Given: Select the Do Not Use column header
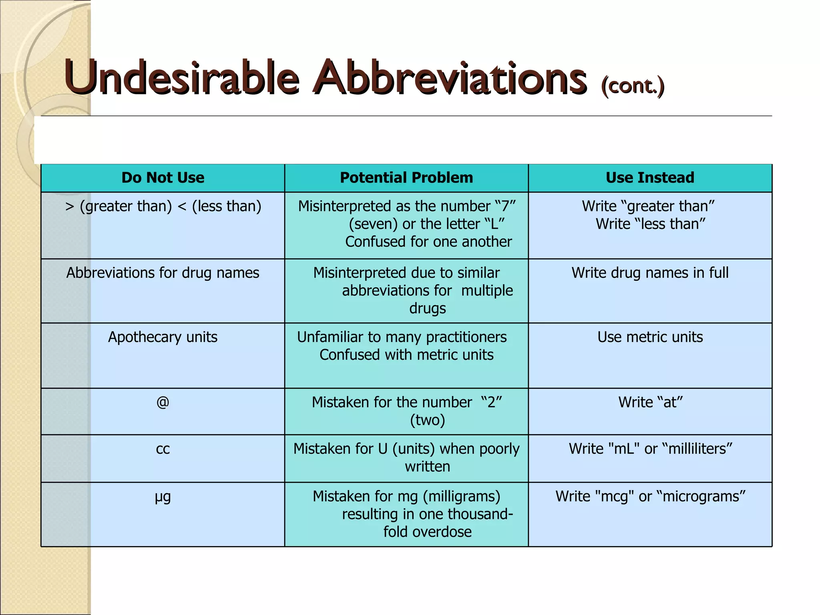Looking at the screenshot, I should tap(163, 178).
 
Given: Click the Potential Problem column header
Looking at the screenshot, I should tap(406, 178).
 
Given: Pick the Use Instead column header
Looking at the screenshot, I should tap(650, 178).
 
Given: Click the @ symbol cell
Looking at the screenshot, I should tap(163, 402).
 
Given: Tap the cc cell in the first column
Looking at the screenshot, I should tap(163, 449).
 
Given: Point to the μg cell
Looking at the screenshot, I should tap(163, 497).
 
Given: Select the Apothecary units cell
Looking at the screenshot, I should tap(163, 337).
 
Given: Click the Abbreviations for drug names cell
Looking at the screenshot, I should tap(163, 273).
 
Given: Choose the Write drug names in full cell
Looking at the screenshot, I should tap(650, 273).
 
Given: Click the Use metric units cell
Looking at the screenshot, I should tap(650, 337).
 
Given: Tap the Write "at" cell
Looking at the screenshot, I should tap(650, 402).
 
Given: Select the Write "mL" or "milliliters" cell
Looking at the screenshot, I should tap(650, 449).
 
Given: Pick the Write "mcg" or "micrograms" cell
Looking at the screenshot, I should tap(650, 496).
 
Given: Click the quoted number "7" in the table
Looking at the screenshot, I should tap(505, 206).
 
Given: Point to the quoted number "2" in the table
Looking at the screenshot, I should tap(492, 402).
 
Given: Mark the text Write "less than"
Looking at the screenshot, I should tap(650, 224).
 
